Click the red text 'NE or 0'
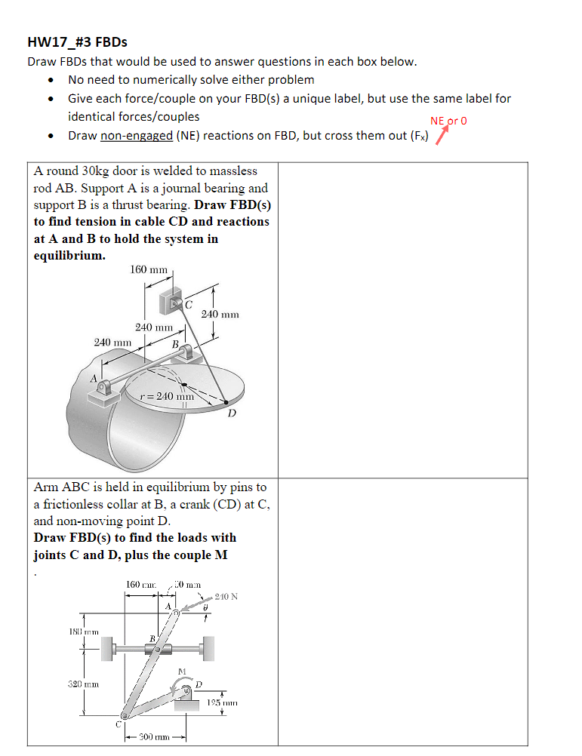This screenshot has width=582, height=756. pos(448,120)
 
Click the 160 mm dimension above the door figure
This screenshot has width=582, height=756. pos(149,269)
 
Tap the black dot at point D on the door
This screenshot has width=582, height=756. pos(225,403)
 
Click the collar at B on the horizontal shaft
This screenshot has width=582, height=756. pos(158,649)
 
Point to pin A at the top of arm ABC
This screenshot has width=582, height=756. pos(176,613)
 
